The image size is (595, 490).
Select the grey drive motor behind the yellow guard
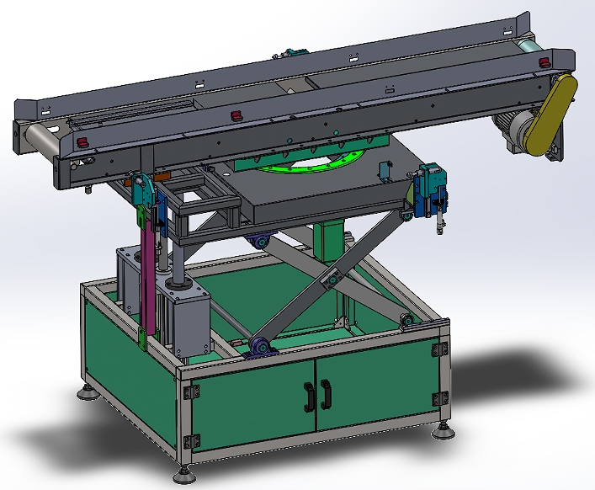tap(513, 130)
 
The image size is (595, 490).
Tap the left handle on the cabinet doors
tap(309, 393)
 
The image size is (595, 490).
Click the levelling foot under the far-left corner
tap(88, 392)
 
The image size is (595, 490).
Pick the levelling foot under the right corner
tap(443, 431)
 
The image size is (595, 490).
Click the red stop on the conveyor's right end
tap(543, 63)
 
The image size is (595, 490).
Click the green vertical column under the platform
tap(329, 240)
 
